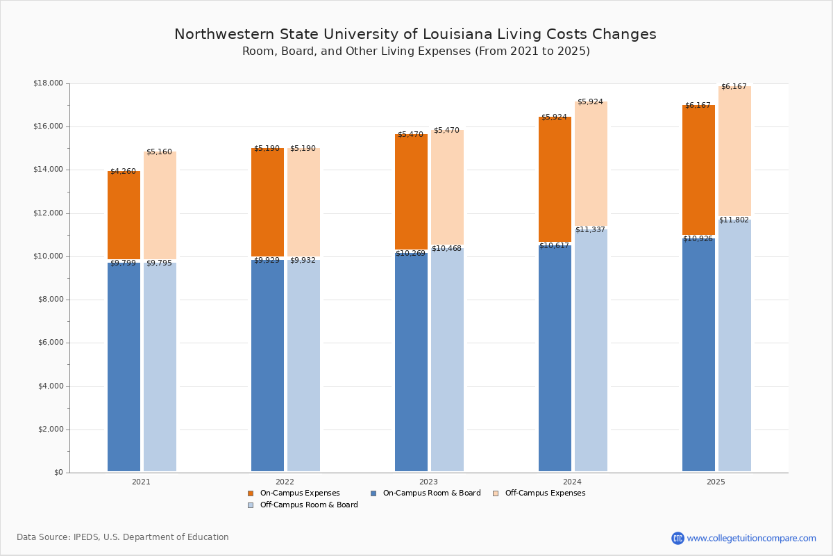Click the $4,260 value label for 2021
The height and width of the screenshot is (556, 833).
tap(123, 171)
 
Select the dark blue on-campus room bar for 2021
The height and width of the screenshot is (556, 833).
tap(124, 366)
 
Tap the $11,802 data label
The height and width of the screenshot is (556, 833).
tap(734, 220)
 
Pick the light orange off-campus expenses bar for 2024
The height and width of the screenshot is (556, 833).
tap(591, 164)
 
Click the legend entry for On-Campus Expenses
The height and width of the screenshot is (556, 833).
tap(294, 493)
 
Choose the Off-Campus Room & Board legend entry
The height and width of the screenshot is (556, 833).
tap(303, 505)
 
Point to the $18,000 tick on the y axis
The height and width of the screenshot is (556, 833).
tap(48, 83)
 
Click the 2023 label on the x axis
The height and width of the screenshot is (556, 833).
tap(428, 482)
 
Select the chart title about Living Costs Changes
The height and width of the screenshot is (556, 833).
tap(415, 34)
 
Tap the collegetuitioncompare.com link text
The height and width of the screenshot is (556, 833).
tap(751, 538)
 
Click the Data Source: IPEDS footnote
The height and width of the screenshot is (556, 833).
tap(123, 537)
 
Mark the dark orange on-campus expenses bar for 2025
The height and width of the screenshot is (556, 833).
tap(698, 170)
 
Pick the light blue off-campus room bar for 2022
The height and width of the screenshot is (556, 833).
tap(303, 366)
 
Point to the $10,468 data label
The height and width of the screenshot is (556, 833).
tap(446, 248)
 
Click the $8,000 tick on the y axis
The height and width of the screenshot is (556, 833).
tap(48, 300)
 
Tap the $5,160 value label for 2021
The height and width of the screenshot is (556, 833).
tap(159, 152)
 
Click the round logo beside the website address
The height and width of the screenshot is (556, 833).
tap(678, 538)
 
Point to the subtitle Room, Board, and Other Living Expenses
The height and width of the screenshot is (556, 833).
tap(415, 51)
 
